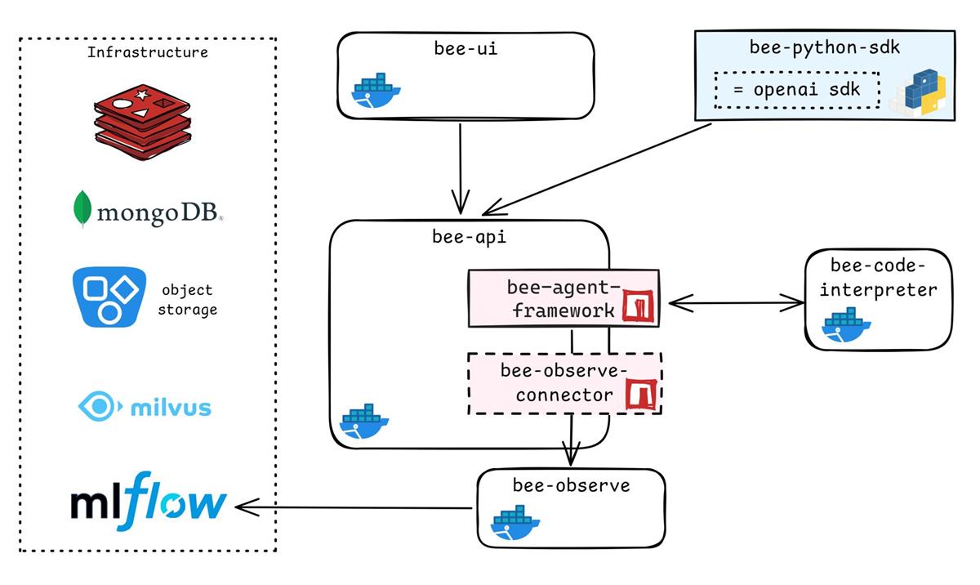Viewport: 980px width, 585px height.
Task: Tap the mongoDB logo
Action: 148,211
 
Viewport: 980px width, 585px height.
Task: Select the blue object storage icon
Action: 109,297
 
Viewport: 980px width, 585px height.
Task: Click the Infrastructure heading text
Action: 147,53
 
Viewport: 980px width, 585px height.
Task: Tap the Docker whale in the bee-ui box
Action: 376,92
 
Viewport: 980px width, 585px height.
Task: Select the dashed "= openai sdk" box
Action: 796,90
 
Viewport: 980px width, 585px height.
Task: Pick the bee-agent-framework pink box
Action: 543,299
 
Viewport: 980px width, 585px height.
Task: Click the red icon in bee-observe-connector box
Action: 640,395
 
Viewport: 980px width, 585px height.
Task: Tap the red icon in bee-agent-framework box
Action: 639,304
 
